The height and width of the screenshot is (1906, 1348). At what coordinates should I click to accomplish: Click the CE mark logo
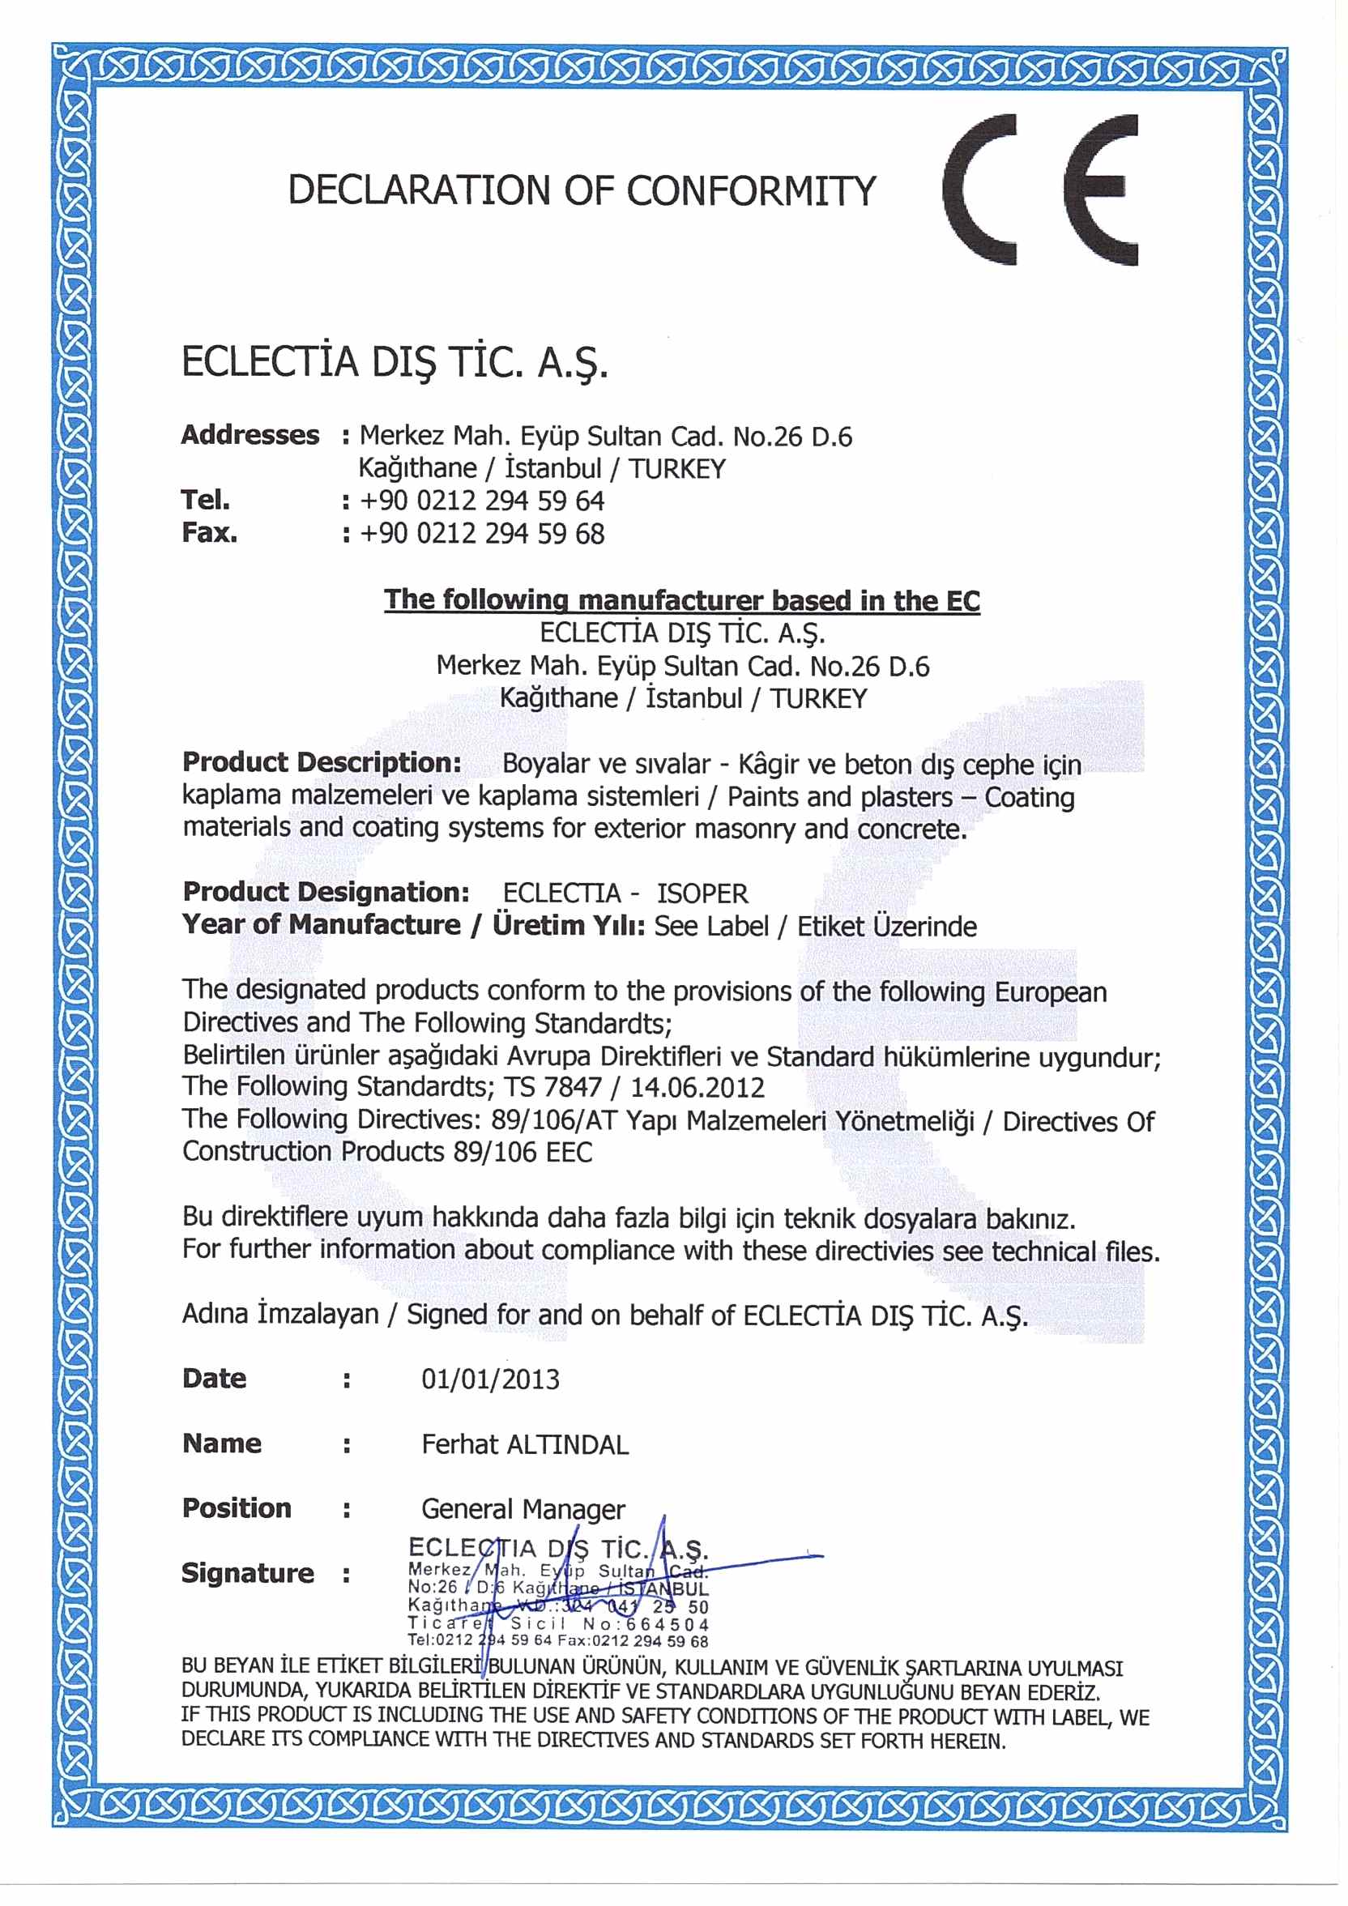pos(1040,190)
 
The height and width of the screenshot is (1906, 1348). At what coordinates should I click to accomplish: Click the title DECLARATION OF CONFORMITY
pos(581,191)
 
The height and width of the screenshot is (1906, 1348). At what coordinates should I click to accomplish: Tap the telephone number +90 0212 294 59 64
pos(481,501)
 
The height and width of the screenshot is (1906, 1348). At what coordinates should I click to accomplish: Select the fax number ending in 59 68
pos(481,534)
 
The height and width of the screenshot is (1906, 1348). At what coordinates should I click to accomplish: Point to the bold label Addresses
pos(250,435)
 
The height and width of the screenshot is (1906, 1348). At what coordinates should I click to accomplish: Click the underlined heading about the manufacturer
pos(681,600)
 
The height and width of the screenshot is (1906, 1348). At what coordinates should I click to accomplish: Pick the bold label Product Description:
pos(322,762)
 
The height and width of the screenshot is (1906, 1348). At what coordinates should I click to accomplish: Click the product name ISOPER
pos(702,894)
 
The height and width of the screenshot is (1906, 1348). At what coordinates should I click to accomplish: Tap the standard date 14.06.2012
pos(697,1088)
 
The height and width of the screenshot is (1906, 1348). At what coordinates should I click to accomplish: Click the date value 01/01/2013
pos(491,1379)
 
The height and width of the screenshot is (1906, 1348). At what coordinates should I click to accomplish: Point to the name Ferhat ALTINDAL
pos(525,1444)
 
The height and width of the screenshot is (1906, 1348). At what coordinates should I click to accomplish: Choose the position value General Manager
pos(523,1508)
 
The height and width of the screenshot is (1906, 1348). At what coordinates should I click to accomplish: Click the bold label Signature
pos(247,1573)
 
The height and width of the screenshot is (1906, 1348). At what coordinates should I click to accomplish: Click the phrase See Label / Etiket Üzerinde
pos(815,927)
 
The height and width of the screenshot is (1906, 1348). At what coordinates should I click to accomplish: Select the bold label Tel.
pos(206,501)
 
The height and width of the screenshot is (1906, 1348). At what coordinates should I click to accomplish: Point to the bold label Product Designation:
pos(326,893)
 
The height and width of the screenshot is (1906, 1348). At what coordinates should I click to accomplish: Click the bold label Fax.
pos(209,533)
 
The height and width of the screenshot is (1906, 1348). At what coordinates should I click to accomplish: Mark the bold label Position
pos(237,1508)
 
